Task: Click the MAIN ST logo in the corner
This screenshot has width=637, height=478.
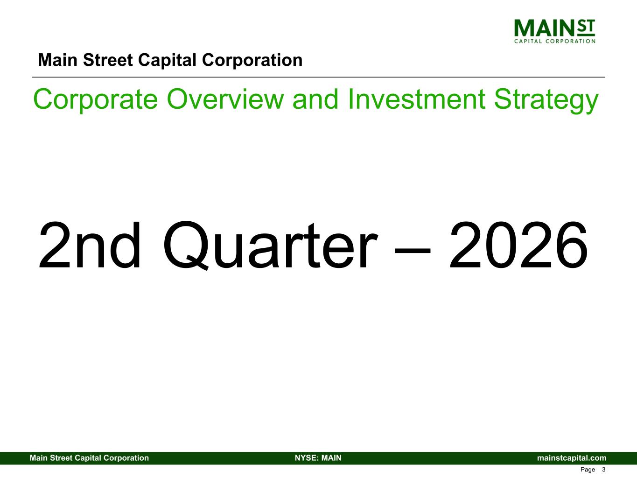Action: tap(554, 31)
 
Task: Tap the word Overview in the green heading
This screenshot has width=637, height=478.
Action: tap(225, 99)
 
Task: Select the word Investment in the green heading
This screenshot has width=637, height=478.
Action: tap(416, 99)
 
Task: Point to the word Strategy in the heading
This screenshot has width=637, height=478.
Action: tap(546, 100)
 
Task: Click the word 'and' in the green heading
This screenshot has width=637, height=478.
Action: tap(315, 99)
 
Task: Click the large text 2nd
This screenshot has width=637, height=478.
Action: tap(90, 245)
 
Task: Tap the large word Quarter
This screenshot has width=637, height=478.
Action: tap(270, 246)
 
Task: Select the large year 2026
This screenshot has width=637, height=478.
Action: tap(518, 245)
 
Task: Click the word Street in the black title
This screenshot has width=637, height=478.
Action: tap(108, 60)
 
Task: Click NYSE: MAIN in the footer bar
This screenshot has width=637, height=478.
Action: tap(318, 458)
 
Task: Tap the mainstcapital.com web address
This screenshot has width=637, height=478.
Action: tap(572, 458)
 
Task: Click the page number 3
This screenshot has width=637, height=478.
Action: tap(603, 470)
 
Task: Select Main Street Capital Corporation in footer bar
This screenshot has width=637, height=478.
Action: tap(89, 458)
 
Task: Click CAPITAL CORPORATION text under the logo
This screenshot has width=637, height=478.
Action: tap(554, 41)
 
